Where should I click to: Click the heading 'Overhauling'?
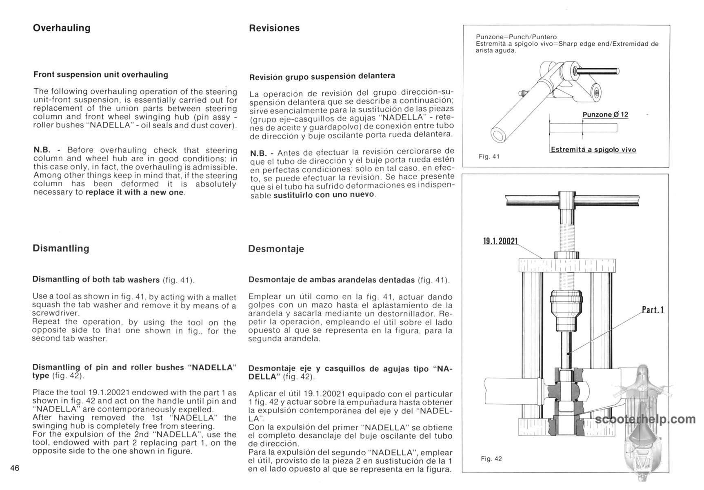(x=61, y=28)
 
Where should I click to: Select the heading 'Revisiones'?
(x=274, y=28)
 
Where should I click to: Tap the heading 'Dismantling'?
(x=61, y=248)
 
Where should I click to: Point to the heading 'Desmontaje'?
(x=276, y=249)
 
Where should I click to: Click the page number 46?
(x=15, y=468)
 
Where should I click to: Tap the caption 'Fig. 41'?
(x=489, y=156)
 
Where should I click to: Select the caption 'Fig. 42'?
(x=491, y=459)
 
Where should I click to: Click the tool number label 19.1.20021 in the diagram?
(x=500, y=241)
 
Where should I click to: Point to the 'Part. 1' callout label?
(x=653, y=310)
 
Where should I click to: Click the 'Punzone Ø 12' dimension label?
(x=605, y=115)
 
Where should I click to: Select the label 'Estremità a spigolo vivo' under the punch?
(x=593, y=149)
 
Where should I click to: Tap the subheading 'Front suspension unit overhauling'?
(x=100, y=75)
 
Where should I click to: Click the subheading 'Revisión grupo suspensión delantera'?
(x=322, y=76)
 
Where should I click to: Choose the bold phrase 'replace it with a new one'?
(x=135, y=192)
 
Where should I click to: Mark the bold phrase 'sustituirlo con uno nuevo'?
(x=324, y=194)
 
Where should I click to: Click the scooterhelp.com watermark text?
(x=645, y=419)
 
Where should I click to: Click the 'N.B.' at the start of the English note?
(x=42, y=150)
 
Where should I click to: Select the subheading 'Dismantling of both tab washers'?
(x=96, y=280)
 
